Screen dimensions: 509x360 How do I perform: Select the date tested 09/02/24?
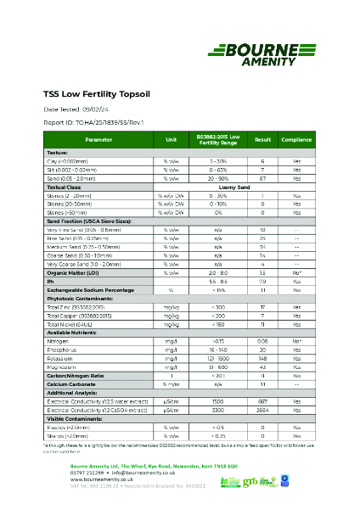tap(85, 109)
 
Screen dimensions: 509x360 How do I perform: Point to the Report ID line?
tap(93, 122)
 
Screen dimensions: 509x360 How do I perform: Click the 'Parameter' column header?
tap(98, 139)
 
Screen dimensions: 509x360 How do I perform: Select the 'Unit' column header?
tap(172, 139)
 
